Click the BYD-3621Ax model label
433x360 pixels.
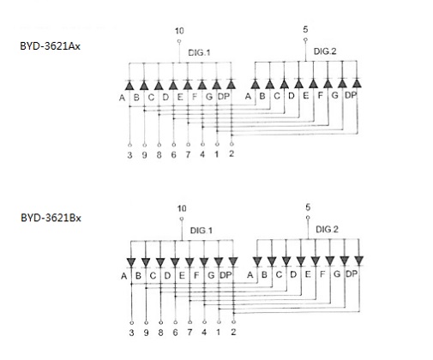point(50,46)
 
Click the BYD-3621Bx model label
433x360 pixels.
point(51,218)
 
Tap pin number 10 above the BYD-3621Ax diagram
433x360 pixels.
point(179,31)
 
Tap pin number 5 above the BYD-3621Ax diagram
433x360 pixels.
point(305,29)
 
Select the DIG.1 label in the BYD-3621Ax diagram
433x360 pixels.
point(199,52)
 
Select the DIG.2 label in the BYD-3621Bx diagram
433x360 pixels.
point(327,229)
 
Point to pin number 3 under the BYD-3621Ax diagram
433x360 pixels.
point(129,155)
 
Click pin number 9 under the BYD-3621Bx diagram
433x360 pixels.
point(146,333)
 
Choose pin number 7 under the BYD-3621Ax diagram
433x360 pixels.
point(188,154)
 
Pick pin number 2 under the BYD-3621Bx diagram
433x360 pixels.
point(233,332)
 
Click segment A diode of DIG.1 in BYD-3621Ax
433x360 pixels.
point(129,85)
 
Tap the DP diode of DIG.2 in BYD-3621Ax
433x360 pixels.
point(357,83)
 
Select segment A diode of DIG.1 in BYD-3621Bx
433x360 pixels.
point(131,262)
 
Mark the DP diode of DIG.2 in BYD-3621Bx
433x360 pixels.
point(358,261)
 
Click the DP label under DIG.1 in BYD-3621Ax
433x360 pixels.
point(224,97)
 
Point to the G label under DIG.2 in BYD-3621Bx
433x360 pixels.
point(337,274)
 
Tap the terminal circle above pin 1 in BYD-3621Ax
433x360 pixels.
point(217,145)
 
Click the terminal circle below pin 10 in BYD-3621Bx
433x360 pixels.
point(182,219)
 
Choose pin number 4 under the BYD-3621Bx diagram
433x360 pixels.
point(204,333)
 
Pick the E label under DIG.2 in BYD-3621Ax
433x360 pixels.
point(306,95)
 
